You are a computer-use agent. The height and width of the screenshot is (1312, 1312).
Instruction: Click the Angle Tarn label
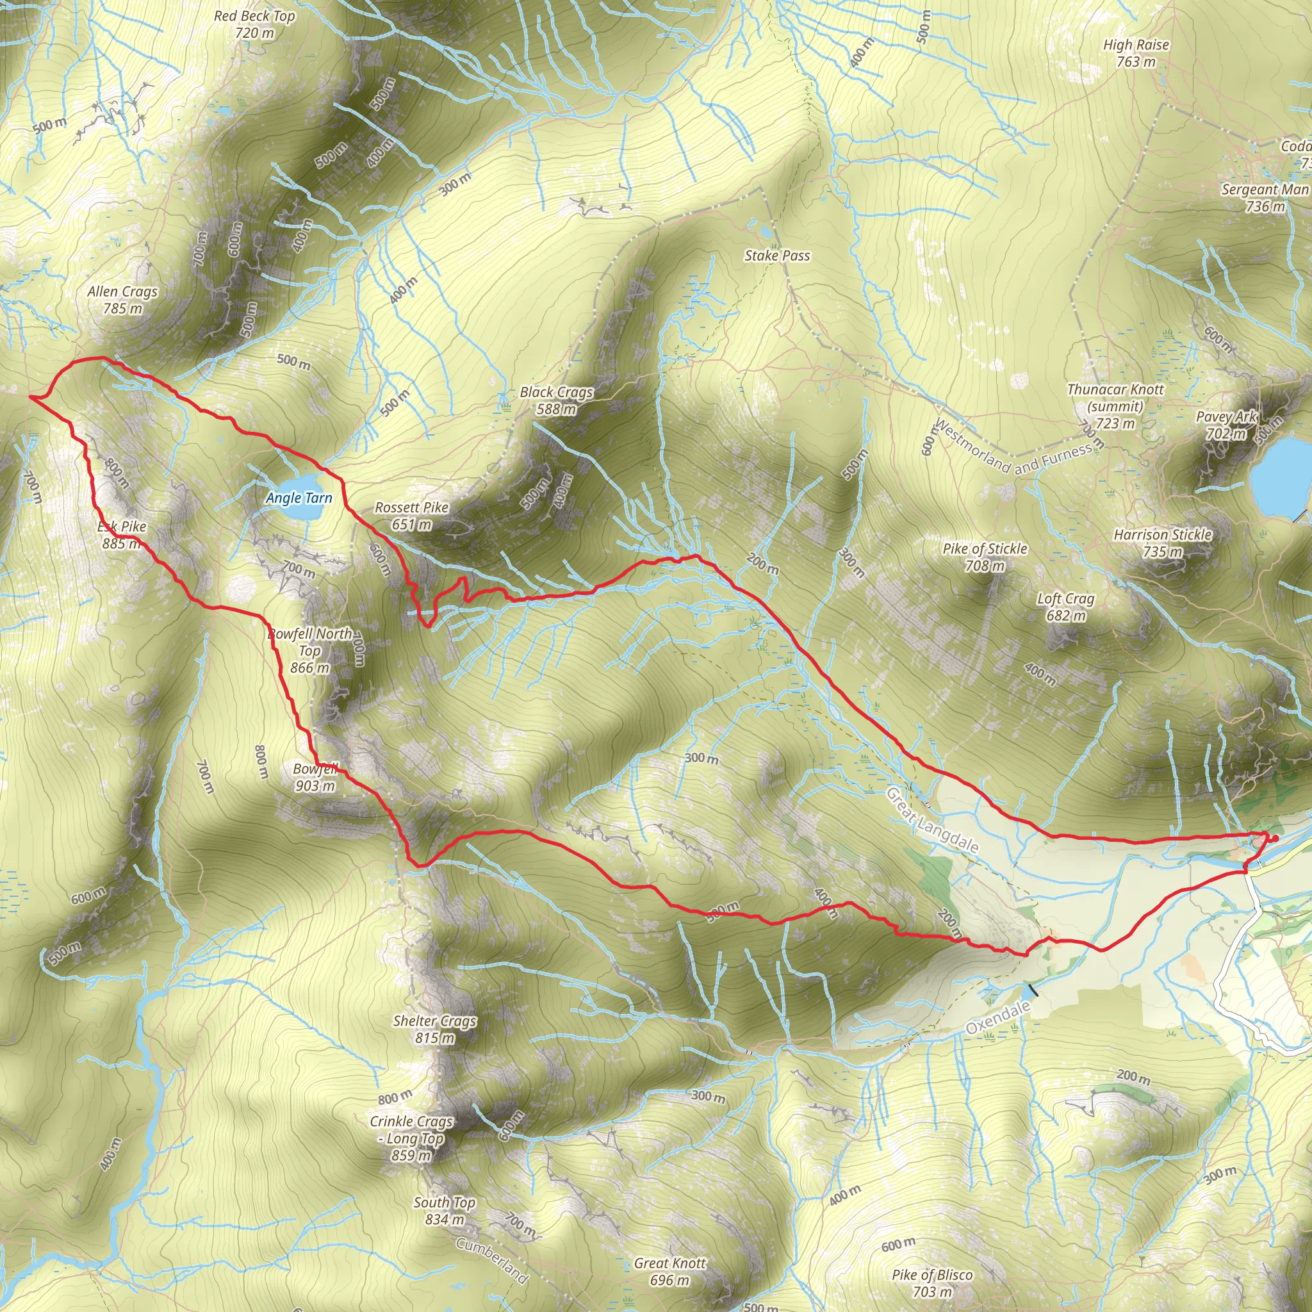[x=299, y=498]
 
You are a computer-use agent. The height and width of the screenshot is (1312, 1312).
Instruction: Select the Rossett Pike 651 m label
[x=411, y=516]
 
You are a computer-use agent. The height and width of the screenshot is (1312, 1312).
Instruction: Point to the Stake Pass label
[x=777, y=256]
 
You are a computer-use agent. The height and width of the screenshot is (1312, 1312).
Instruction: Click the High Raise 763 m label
[x=1136, y=53]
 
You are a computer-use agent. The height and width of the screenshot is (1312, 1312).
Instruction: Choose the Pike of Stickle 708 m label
[x=985, y=557]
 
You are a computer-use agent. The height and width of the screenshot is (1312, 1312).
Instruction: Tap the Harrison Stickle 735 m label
[x=1163, y=543]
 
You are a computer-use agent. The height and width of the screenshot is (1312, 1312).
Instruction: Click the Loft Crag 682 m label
[x=1065, y=607]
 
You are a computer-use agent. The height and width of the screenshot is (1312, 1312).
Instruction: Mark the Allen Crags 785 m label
[x=122, y=299]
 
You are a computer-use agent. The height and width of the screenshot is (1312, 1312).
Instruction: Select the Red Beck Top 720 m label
[x=255, y=24]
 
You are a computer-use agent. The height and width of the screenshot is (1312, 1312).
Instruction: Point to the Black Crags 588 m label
[x=556, y=400]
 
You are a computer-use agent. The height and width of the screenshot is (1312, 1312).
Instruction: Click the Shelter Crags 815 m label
[x=434, y=1029]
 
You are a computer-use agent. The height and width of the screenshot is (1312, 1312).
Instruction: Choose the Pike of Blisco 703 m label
[x=932, y=1283]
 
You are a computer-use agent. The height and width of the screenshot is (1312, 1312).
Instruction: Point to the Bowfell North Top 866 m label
[x=309, y=651]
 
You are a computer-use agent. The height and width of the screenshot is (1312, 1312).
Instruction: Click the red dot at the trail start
[x=1275, y=838]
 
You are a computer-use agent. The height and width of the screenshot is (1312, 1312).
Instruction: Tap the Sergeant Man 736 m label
[x=1265, y=197]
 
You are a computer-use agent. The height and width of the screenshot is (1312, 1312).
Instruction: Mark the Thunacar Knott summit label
[x=1115, y=406]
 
